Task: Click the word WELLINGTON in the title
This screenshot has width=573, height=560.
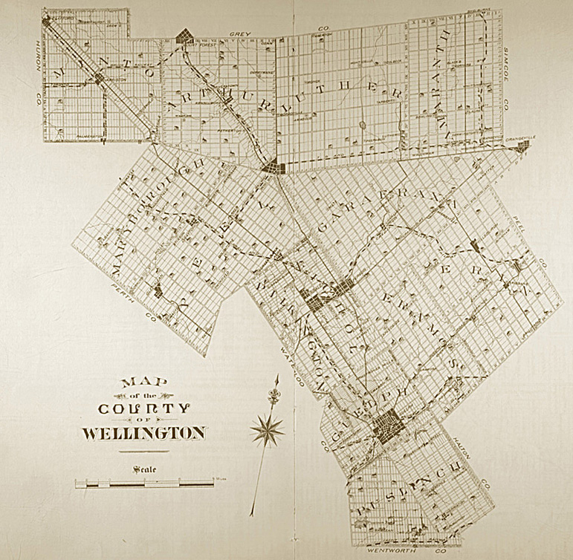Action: [141, 432]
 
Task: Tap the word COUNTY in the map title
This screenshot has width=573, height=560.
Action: [145, 408]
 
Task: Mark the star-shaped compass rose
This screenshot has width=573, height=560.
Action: [268, 429]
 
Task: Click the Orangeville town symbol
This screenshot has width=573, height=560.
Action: [523, 148]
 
